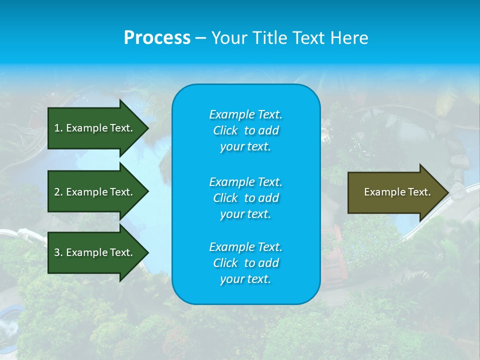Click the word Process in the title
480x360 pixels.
tap(157, 38)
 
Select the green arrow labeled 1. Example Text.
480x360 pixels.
tap(95, 128)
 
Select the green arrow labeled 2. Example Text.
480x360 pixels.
tap(95, 192)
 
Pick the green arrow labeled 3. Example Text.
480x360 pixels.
tap(95, 252)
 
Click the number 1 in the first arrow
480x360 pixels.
tap(57, 128)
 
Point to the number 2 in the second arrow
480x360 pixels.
tap(57, 192)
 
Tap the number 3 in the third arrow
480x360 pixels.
tap(57, 252)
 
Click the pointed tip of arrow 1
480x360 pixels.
tap(147, 128)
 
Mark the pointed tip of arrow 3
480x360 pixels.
tap(147, 252)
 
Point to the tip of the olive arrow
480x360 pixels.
tap(447, 192)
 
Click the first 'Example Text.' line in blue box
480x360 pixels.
tap(245, 114)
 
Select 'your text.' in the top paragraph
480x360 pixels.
tap(245, 146)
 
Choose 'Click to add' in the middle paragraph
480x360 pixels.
tap(245, 198)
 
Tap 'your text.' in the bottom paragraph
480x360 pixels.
tap(245, 279)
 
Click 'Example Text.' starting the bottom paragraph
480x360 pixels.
tap(245, 247)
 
